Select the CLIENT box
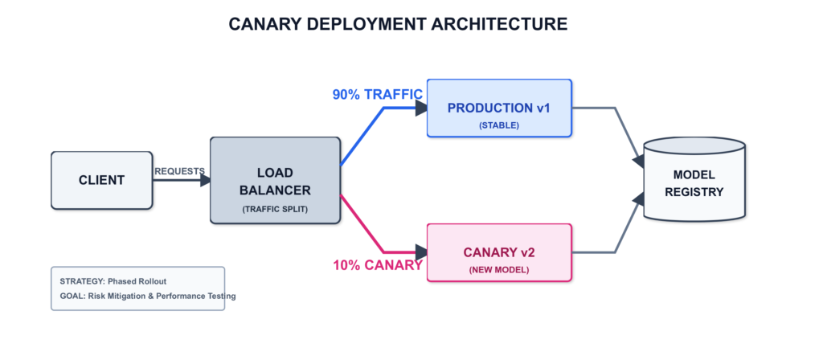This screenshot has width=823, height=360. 101,180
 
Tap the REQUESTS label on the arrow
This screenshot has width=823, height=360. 179,171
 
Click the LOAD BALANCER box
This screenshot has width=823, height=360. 275,180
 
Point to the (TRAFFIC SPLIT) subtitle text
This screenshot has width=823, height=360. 275,209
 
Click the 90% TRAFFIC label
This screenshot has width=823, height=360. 378,95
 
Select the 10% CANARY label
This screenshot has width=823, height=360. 378,265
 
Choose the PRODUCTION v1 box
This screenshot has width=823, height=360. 499,108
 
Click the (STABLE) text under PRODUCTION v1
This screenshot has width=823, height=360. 499,125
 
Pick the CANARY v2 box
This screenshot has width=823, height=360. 499,252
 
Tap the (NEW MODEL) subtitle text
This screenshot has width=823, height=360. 499,270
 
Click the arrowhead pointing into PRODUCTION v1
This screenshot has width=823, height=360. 421,108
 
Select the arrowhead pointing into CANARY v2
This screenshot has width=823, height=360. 421,252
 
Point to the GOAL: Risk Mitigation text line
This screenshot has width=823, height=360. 147,297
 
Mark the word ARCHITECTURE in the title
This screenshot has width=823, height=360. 499,24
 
